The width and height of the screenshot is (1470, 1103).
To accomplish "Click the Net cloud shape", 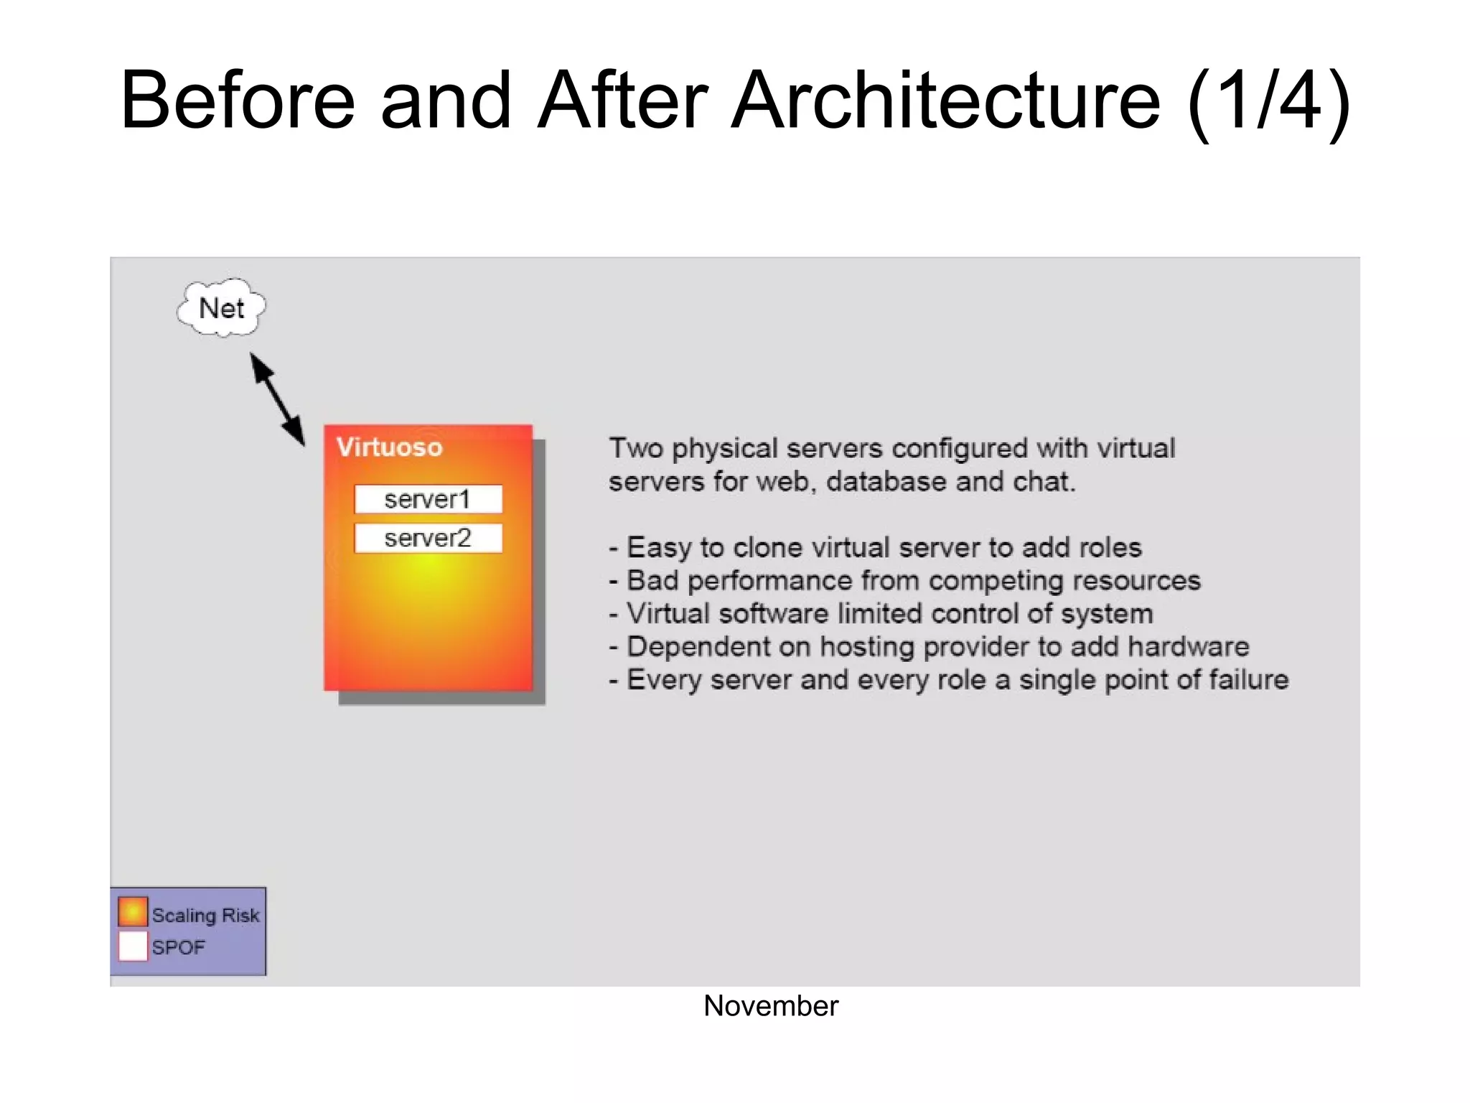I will pyautogui.click(x=221, y=308).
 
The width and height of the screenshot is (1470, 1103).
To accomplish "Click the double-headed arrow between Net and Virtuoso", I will pyautogui.click(x=277, y=399).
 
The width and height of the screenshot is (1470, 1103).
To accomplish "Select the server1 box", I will pyautogui.click(x=428, y=499).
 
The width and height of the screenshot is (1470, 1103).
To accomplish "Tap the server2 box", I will pyautogui.click(x=428, y=538).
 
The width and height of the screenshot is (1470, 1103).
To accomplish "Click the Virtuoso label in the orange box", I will pyautogui.click(x=389, y=447).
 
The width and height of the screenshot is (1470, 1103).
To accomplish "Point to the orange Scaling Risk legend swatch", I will pyautogui.click(x=133, y=911).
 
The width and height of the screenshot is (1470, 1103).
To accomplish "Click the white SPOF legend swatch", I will pyautogui.click(x=133, y=946).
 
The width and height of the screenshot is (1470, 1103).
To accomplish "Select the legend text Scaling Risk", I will pyautogui.click(x=205, y=915).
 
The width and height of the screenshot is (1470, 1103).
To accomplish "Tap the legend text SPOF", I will pyautogui.click(x=178, y=947).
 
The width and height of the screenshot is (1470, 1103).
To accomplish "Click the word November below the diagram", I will pyautogui.click(x=770, y=1006).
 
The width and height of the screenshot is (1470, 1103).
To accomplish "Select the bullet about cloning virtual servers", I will pyautogui.click(x=875, y=547).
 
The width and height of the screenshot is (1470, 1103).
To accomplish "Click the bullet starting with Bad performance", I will pyautogui.click(x=904, y=580).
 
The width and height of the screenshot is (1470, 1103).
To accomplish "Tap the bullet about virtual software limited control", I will pyautogui.click(x=881, y=613).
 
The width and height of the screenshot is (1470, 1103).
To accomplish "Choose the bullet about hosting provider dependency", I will pyautogui.click(x=929, y=646).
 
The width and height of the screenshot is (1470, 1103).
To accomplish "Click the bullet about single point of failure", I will pyautogui.click(x=948, y=679).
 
